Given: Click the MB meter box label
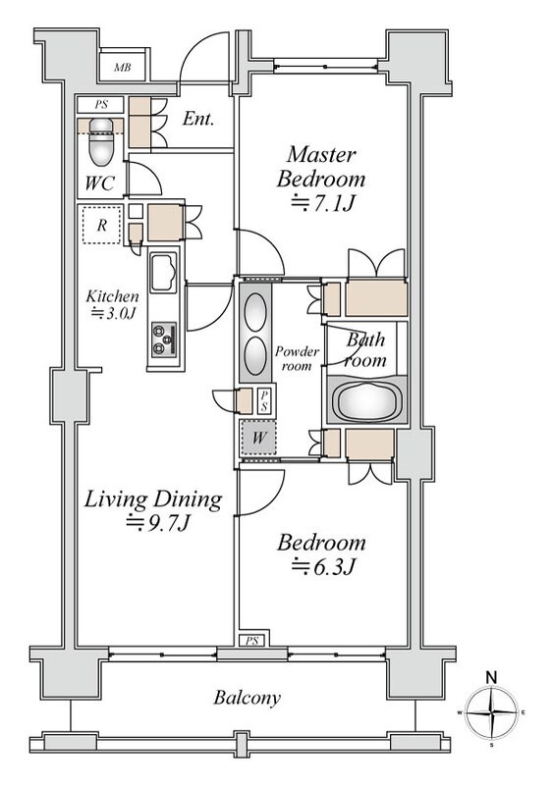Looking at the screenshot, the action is click(122, 67).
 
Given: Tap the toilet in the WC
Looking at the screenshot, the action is click(101, 142).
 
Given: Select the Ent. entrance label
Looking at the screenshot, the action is click(198, 119).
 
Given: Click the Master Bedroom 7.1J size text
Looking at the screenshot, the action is click(323, 204).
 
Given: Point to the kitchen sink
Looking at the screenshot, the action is click(163, 273).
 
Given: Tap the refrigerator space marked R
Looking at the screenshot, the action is click(102, 225).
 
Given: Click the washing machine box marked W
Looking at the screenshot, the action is click(258, 438).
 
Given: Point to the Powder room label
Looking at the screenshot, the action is click(297, 358).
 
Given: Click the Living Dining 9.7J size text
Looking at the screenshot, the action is click(158, 523).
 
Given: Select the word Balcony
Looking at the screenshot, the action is click(247, 698).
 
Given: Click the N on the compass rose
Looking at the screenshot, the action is click(492, 678).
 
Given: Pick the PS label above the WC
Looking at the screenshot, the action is click(101, 105).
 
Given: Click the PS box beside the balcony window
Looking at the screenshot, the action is click(253, 641).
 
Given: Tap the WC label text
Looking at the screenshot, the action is click(99, 183).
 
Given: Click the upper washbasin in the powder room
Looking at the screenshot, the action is click(255, 311).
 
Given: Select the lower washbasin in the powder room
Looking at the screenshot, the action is click(255, 355).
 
